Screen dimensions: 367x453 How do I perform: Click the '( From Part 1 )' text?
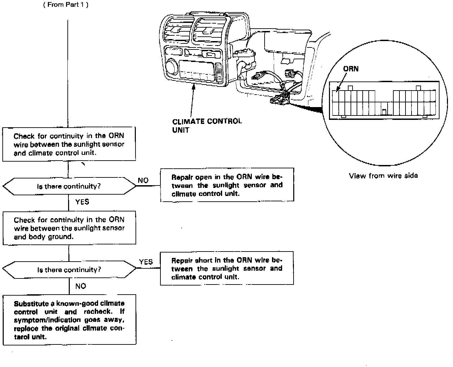pyautogui.click(x=66, y=5)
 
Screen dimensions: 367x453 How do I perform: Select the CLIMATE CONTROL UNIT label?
pyautogui.click(x=207, y=125)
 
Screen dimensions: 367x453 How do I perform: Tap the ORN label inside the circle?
pyautogui.click(x=351, y=69)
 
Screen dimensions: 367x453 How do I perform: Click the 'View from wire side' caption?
pyautogui.click(x=383, y=175)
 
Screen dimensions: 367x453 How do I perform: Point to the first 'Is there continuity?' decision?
pyautogui.click(x=69, y=186)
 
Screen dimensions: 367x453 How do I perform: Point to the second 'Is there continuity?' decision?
pyautogui.click(x=69, y=270)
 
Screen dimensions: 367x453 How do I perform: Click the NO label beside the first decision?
pyautogui.click(x=143, y=180)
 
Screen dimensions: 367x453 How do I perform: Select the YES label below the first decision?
pyautogui.click(x=82, y=202)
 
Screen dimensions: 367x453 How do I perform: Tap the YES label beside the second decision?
pyautogui.click(x=146, y=262)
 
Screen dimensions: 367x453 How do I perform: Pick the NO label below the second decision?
pyautogui.click(x=81, y=286)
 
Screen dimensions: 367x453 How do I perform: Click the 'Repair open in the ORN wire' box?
pyautogui.click(x=227, y=185)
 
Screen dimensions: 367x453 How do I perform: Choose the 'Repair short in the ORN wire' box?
pyautogui.click(x=227, y=268)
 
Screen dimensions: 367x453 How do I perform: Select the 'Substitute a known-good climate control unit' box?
pyautogui.click(x=69, y=320)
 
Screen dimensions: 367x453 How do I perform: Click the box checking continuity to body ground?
pyautogui.click(x=69, y=228)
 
